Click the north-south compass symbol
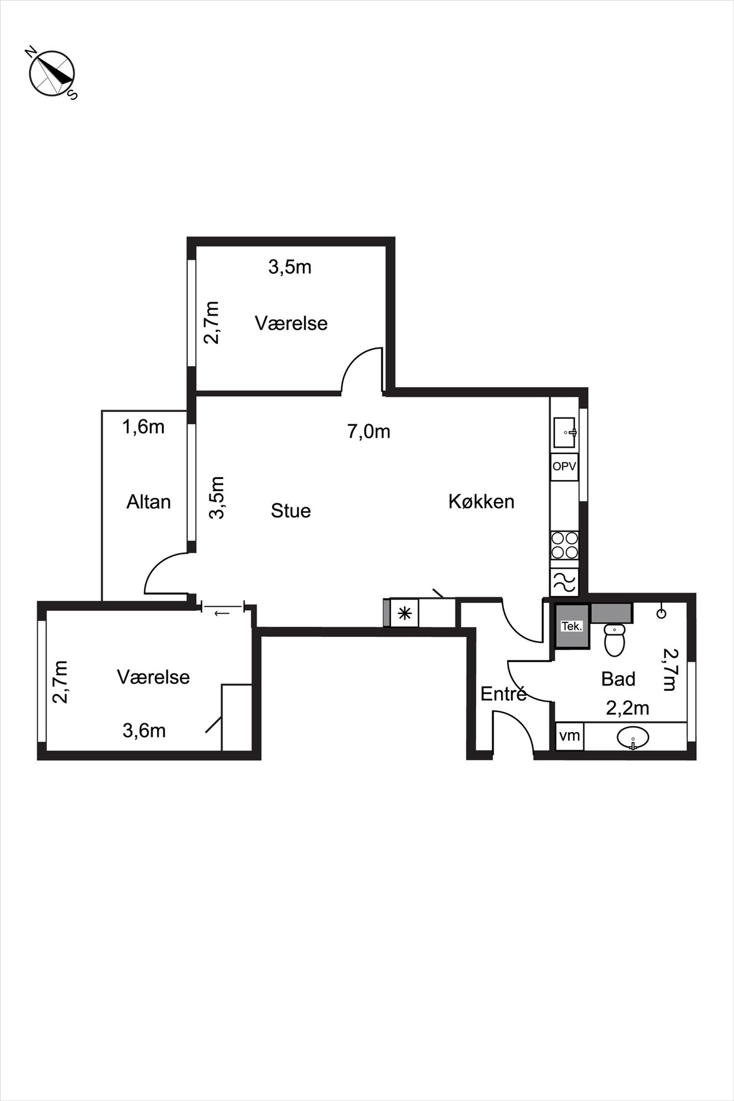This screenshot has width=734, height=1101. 51,74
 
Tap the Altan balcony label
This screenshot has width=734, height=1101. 148,502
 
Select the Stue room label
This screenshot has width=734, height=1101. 291,511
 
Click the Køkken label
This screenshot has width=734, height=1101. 481,501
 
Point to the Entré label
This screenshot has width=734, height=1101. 504,693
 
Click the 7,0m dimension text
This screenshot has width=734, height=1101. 369,431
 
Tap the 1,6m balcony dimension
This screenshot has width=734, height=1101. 143,427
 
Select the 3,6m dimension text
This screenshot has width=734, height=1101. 144,730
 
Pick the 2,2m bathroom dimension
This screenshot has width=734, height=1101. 627,708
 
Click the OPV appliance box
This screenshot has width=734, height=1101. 564,467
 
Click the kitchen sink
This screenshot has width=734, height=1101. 565,432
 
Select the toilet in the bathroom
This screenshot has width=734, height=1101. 614,639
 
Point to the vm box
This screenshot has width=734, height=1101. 569,736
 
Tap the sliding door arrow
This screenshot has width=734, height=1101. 222,612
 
